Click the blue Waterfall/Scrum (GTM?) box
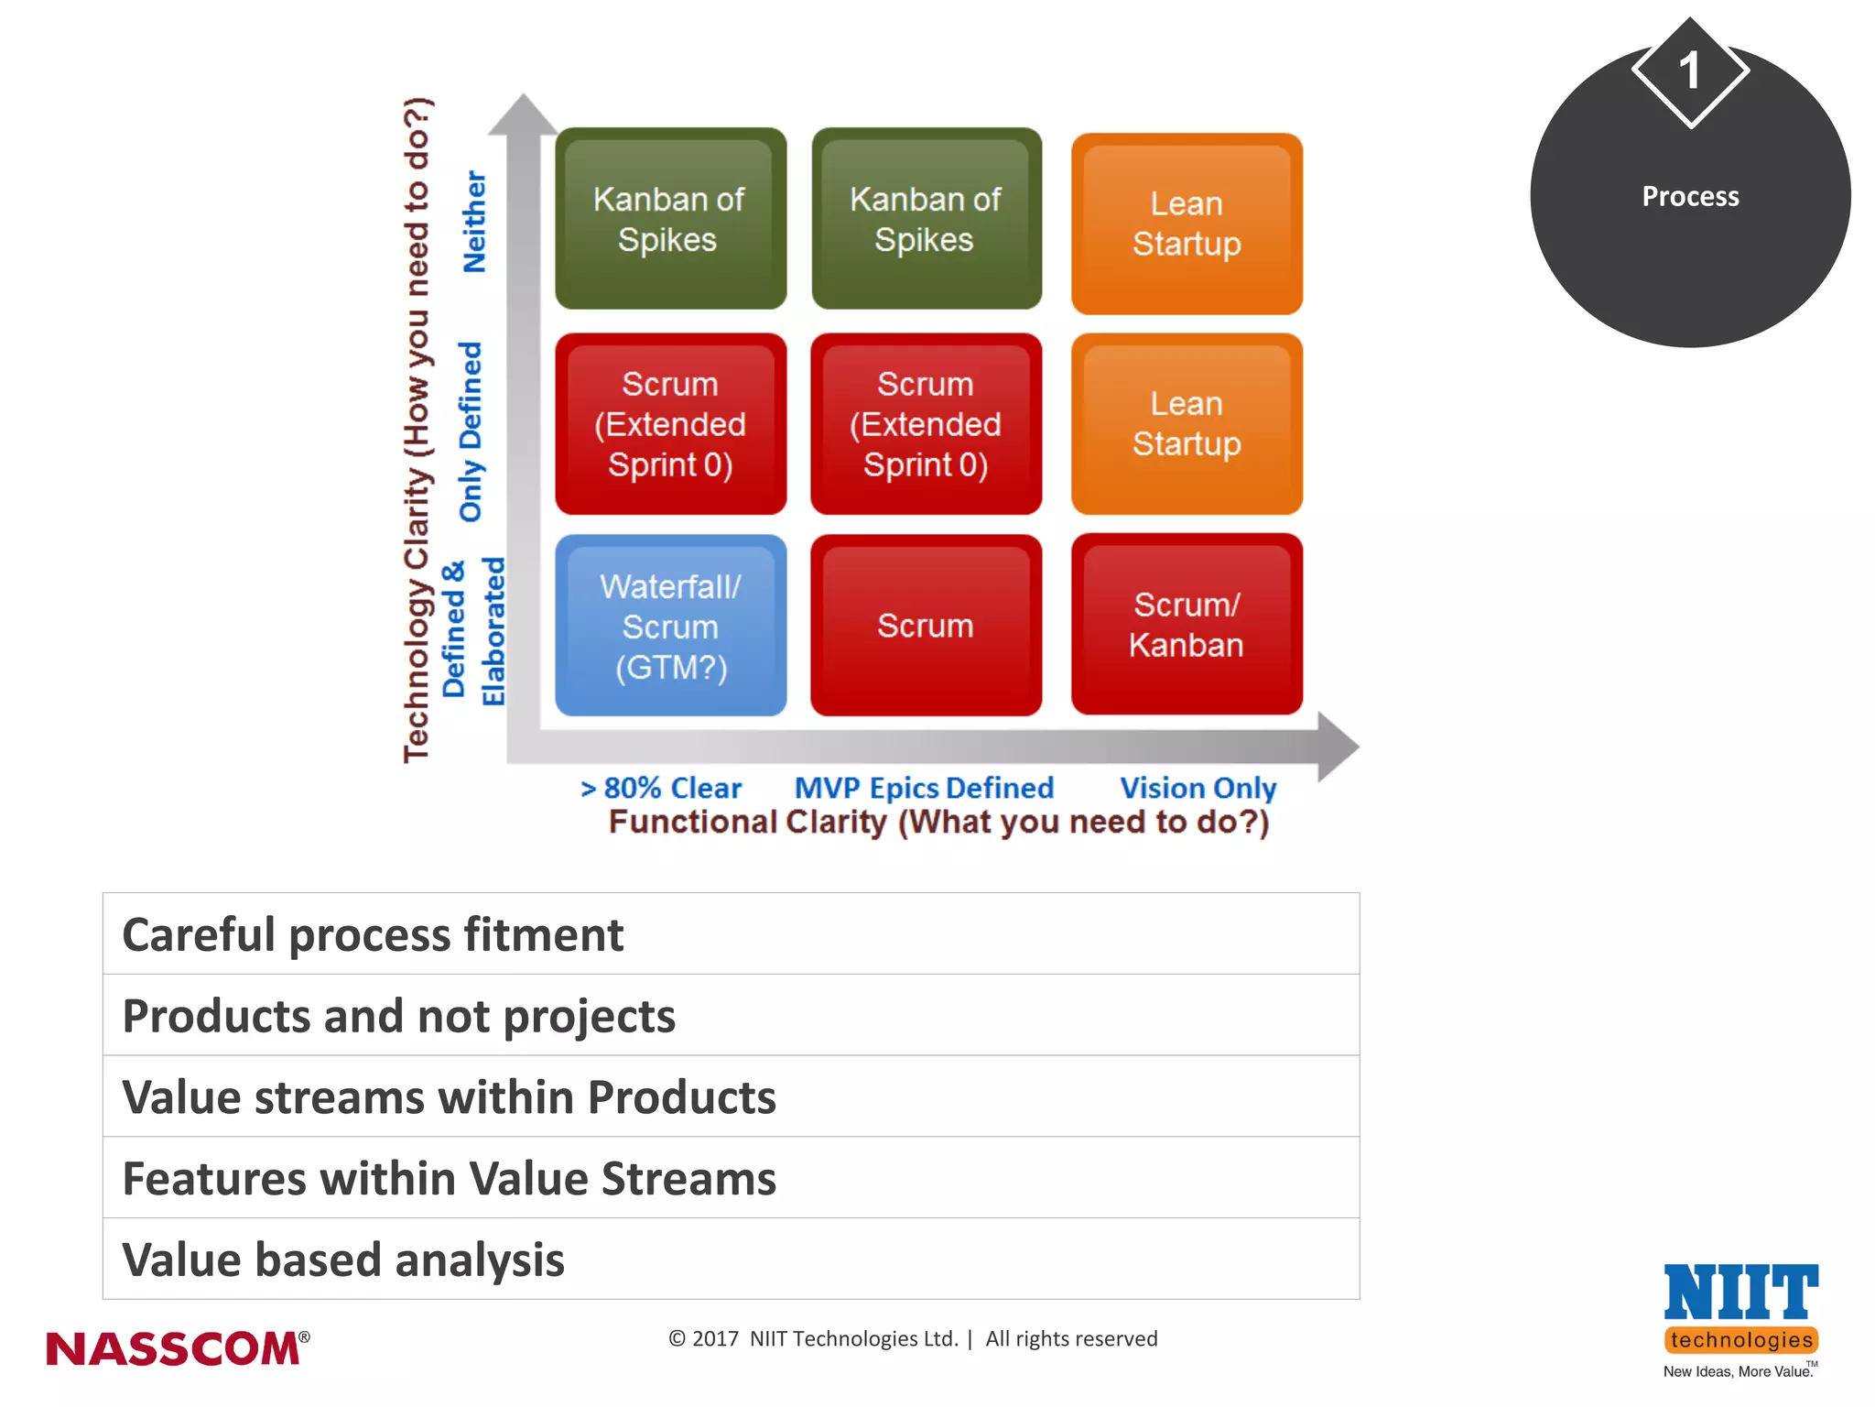[x=670, y=626]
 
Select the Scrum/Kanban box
[x=1187, y=625]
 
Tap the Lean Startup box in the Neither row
[x=1187, y=224]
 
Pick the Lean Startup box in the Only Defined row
[x=1187, y=423]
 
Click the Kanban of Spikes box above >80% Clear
[x=670, y=219]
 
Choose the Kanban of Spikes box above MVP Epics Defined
[x=926, y=219]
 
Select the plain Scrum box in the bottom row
[x=926, y=626]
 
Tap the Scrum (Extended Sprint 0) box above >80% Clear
[x=670, y=423]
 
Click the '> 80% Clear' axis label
[x=661, y=788]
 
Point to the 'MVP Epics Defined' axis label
[x=924, y=788]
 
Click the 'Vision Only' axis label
[x=1198, y=788]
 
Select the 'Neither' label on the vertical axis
[x=474, y=222]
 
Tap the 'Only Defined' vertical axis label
[x=471, y=431]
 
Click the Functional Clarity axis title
[x=939, y=822]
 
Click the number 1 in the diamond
[x=1690, y=71]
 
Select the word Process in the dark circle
[x=1690, y=196]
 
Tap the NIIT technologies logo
[x=1740, y=1316]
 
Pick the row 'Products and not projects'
[x=731, y=1015]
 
